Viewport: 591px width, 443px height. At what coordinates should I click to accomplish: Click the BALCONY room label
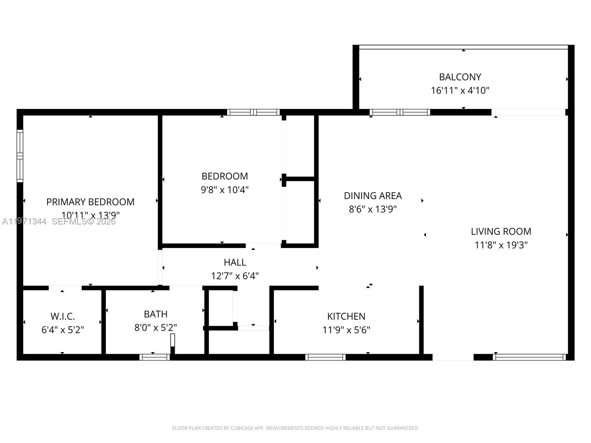pos(460,77)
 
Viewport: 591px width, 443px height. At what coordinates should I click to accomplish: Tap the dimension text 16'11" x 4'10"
pos(460,90)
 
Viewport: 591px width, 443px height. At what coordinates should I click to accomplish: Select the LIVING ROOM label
pos(501,231)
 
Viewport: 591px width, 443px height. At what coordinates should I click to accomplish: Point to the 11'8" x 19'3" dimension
pos(501,245)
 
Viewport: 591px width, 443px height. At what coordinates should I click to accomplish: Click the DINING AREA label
pos(373,196)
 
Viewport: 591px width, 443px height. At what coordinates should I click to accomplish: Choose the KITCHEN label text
pos(346,316)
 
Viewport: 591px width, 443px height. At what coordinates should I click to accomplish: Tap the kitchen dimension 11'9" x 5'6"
pos(346,330)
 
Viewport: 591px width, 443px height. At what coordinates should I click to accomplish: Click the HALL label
pos(235,262)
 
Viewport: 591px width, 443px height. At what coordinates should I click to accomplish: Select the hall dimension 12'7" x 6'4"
pos(235,276)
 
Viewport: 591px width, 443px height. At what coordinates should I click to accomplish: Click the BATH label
pos(156,314)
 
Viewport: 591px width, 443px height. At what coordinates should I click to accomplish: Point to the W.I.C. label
pos(63,316)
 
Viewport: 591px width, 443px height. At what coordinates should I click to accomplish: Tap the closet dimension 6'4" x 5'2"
pos(63,330)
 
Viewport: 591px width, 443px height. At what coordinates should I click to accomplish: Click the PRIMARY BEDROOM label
pos(90,202)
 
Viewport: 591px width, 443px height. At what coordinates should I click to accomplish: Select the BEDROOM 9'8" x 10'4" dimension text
pos(225,190)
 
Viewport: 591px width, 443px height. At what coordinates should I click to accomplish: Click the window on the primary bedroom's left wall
pos(20,156)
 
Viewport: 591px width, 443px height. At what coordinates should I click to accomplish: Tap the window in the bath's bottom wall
pos(154,357)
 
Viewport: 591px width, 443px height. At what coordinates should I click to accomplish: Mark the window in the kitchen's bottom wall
pos(325,357)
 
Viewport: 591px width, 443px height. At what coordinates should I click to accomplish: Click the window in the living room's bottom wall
pos(529,357)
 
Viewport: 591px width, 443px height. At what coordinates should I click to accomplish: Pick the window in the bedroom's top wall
pos(253,112)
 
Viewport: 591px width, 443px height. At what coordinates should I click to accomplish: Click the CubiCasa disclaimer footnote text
pos(295,428)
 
